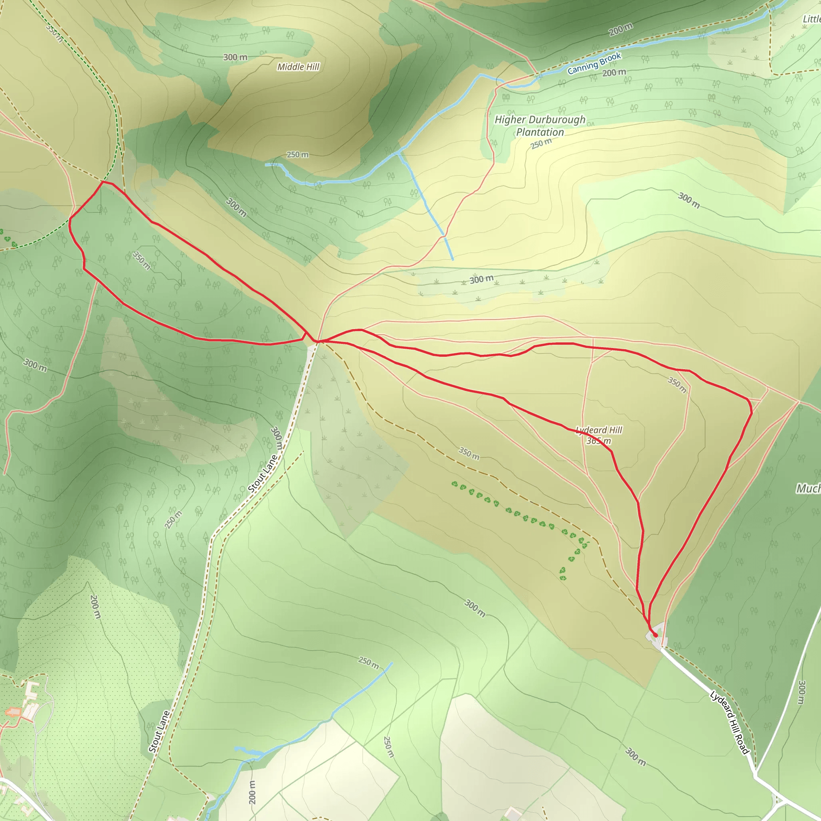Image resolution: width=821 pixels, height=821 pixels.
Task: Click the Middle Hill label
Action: (x=298, y=67)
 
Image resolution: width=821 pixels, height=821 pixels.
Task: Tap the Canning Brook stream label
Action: (x=594, y=63)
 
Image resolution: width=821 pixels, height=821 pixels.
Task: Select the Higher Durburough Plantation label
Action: (x=540, y=126)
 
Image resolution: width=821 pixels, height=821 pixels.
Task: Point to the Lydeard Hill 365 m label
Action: (x=599, y=435)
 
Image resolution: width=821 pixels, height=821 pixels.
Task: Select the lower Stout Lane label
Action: (x=160, y=731)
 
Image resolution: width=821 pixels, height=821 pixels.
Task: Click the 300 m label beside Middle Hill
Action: (x=235, y=57)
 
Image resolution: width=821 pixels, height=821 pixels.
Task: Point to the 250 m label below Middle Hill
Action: (x=297, y=155)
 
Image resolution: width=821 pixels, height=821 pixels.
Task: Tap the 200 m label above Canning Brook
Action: (x=621, y=29)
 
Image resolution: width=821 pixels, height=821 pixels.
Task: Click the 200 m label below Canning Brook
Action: (x=614, y=73)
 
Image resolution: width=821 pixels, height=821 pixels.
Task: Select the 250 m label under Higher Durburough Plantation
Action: (x=541, y=144)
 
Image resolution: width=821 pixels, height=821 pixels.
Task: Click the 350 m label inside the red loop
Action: (x=142, y=260)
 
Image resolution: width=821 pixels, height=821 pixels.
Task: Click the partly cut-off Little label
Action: (x=811, y=19)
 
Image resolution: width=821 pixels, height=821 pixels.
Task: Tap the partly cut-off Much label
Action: (x=808, y=489)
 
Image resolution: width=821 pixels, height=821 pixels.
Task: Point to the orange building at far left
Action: (x=13, y=712)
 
